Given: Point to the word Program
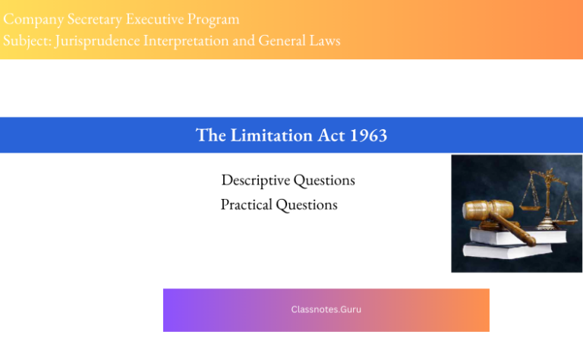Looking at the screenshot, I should pos(215,19).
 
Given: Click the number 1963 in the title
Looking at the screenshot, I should pos(369,135).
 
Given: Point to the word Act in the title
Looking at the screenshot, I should pos(329,135).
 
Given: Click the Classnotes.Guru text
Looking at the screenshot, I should pos(326,310).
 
